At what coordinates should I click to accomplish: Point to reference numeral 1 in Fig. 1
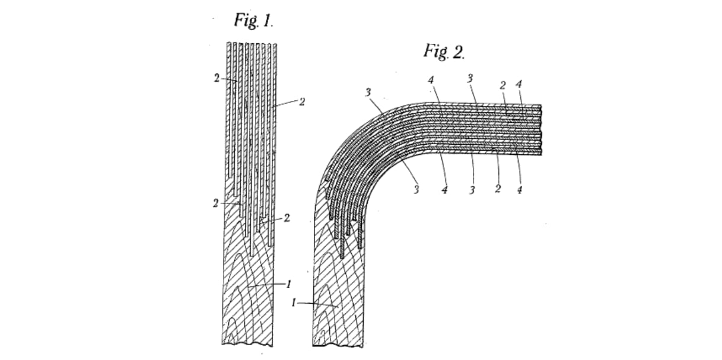tap(289, 284)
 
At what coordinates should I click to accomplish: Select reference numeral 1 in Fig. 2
tap(293, 303)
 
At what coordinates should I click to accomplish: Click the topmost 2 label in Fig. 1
tap(217, 78)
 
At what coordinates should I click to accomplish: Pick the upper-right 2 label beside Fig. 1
tap(302, 102)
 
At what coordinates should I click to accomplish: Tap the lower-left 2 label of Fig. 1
tap(215, 203)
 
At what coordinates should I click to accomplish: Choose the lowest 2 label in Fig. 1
tap(287, 218)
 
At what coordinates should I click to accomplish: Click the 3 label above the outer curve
tap(368, 93)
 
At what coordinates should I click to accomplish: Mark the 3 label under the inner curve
tap(416, 190)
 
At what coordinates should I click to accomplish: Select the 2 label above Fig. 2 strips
tap(502, 85)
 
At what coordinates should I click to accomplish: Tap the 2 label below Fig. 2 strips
tap(498, 189)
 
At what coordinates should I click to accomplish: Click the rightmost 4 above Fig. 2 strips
tap(519, 84)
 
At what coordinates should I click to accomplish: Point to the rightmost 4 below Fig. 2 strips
tap(520, 190)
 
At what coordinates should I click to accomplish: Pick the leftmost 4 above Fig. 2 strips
tap(431, 79)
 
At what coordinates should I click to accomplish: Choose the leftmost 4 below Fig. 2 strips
tap(444, 190)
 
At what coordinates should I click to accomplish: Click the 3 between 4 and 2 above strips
tap(470, 78)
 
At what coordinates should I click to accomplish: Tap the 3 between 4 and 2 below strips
tap(472, 190)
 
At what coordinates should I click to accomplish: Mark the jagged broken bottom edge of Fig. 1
tap(247, 344)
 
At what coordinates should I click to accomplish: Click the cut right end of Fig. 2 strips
tap(540, 129)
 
